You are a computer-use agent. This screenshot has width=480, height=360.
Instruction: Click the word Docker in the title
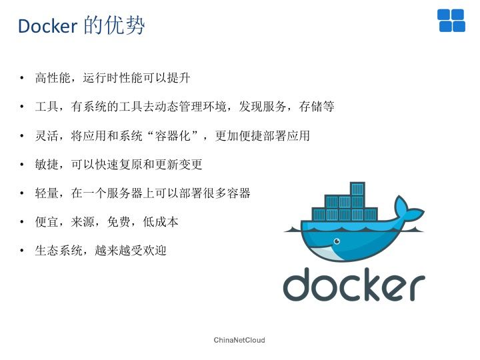[x=47, y=26]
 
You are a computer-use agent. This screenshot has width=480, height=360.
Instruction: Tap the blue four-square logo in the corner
[x=451, y=21]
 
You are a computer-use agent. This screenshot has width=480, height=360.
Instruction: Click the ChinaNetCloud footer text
[x=239, y=340]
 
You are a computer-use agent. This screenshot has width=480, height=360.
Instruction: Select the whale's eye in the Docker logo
[x=337, y=241]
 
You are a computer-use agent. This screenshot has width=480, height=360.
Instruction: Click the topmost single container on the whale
[x=357, y=189]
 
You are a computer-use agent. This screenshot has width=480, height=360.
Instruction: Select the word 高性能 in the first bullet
[x=53, y=78]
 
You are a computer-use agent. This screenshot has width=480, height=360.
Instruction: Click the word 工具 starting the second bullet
[x=47, y=107]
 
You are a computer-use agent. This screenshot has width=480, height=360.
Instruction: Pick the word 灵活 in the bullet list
[x=47, y=135]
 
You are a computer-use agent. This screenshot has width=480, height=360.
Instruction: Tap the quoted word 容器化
[x=173, y=135]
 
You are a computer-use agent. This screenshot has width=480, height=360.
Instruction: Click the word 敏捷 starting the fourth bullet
[x=47, y=165]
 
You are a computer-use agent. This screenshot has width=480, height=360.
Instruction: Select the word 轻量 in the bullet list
[x=47, y=193]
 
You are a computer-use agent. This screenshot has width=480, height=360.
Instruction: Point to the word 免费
[x=119, y=222]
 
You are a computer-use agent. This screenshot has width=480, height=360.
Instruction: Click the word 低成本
[x=161, y=222]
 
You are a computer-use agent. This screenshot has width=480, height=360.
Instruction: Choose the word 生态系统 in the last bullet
[x=59, y=251]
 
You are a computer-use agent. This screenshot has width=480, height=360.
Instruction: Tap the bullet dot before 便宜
[x=22, y=222]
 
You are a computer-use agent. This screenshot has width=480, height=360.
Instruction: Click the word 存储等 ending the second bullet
[x=317, y=107]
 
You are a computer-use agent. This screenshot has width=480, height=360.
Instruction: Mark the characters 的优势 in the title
[x=114, y=25]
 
